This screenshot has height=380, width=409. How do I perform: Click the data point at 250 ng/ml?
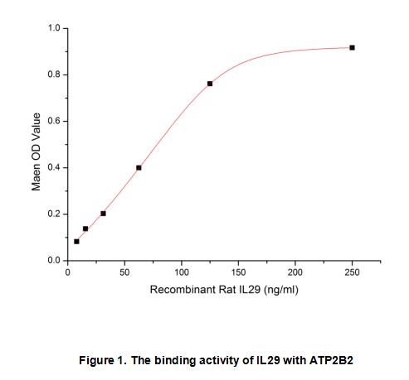tap(352, 48)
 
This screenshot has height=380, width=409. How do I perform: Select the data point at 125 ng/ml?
tap(210, 84)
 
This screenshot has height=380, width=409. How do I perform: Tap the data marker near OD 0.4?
tap(139, 168)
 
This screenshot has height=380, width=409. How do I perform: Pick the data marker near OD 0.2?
tap(103, 214)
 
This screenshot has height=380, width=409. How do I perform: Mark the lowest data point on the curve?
tap(76, 242)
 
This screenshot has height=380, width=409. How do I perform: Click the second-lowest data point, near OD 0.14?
tap(85, 228)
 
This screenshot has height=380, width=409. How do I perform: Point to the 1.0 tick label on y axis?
tap(54, 28)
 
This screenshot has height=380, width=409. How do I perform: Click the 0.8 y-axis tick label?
tap(54, 75)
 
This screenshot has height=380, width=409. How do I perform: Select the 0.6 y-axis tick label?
tap(54, 121)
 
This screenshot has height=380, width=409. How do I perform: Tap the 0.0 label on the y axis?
tap(54, 260)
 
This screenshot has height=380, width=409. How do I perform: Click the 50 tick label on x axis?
tap(124, 272)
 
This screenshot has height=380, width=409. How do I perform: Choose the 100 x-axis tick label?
tap(182, 272)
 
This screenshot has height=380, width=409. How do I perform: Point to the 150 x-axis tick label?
tap(238, 272)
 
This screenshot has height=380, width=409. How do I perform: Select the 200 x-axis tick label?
tap(295, 272)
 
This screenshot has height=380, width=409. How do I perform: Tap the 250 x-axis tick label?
tap(352, 272)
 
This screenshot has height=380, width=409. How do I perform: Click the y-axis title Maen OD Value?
tap(36, 152)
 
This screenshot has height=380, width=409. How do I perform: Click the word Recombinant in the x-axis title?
tap(183, 290)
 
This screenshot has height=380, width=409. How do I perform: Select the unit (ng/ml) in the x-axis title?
tap(281, 290)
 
